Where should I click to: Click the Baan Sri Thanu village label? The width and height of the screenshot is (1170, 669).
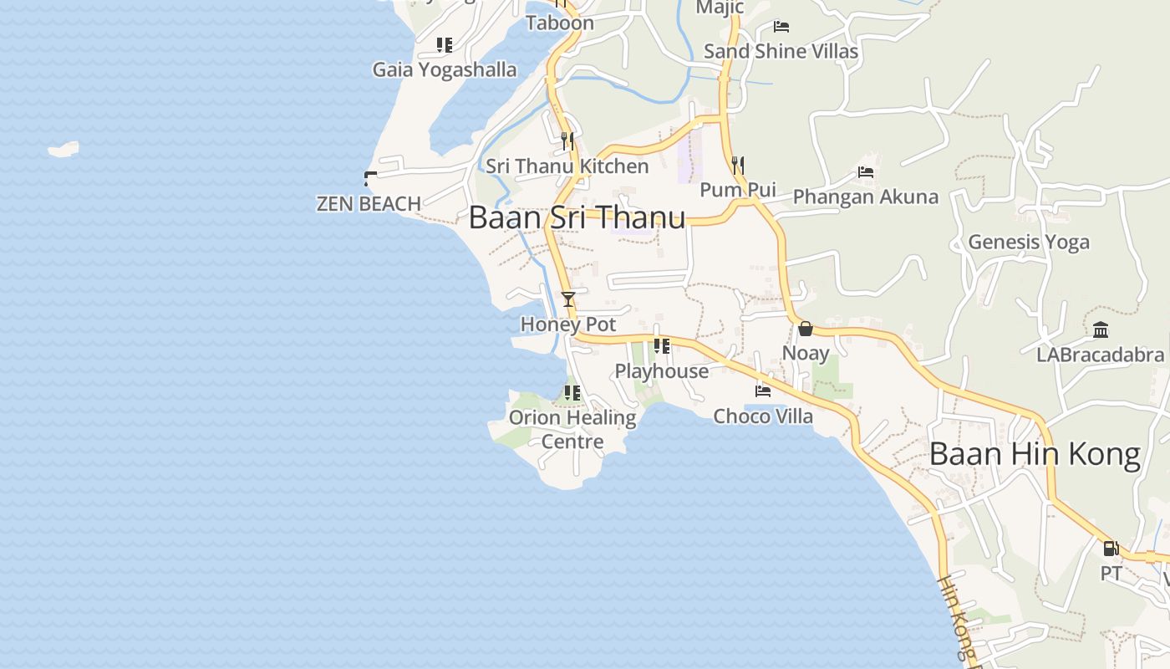pyautogui.click(x=577, y=217)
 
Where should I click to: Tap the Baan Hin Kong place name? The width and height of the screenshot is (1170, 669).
pyautogui.click(x=1035, y=454)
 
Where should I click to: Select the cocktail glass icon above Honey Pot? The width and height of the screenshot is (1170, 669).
pyautogui.click(x=568, y=299)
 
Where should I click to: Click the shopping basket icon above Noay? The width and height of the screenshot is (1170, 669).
pyautogui.click(x=806, y=329)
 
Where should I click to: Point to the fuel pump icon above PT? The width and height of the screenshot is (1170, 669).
pyautogui.click(x=1111, y=549)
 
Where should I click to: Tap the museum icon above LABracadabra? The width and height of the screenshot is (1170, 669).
pyautogui.click(x=1100, y=329)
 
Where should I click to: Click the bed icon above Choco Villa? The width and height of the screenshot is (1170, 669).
pyautogui.click(x=763, y=391)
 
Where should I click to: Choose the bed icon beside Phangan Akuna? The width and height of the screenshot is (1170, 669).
pyautogui.click(x=866, y=172)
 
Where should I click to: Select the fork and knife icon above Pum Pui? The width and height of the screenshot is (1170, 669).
pyautogui.click(x=737, y=165)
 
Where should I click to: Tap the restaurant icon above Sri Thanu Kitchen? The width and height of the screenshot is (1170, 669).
pyautogui.click(x=567, y=140)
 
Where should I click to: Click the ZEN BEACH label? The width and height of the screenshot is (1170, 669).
pyautogui.click(x=369, y=203)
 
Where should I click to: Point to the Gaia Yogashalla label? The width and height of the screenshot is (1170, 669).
pyautogui.click(x=445, y=69)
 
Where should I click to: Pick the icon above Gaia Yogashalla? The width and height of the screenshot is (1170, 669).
pyautogui.click(x=445, y=45)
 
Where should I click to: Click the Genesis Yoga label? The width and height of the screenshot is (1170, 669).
pyautogui.click(x=1029, y=243)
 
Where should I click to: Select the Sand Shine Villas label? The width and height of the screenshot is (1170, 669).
pyautogui.click(x=781, y=51)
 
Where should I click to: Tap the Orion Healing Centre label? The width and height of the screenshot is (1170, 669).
pyautogui.click(x=572, y=428)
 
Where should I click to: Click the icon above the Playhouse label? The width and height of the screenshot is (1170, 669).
pyautogui.click(x=662, y=345)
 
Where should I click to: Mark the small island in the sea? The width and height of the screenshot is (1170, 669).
pyautogui.click(x=64, y=150)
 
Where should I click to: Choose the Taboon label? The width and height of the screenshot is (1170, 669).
pyautogui.click(x=560, y=23)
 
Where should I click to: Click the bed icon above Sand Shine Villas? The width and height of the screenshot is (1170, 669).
pyautogui.click(x=781, y=27)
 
